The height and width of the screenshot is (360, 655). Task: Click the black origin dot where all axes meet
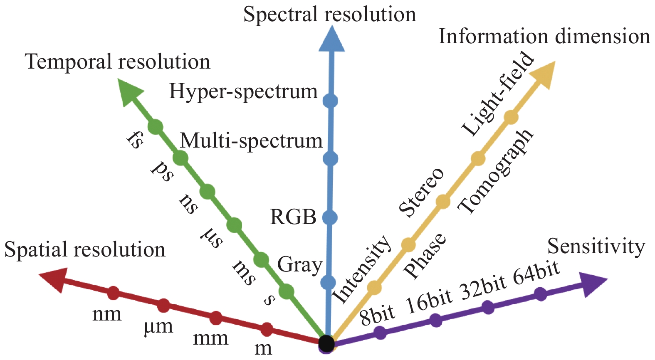click(x=326, y=344)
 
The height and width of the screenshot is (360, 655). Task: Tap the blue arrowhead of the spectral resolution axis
click(x=331, y=40)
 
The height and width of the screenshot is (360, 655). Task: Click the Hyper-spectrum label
click(x=243, y=91)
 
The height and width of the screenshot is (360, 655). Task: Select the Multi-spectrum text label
click(x=252, y=141)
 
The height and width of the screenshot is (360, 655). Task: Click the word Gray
click(x=299, y=265)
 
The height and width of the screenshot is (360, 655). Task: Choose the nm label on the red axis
click(x=107, y=315)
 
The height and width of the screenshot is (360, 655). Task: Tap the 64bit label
click(x=536, y=273)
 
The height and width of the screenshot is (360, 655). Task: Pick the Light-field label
click(x=497, y=94)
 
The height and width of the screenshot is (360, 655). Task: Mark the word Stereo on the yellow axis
click(x=421, y=193)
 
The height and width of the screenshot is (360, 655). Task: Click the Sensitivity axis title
click(x=596, y=247)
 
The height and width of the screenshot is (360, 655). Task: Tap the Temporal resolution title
click(x=118, y=62)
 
